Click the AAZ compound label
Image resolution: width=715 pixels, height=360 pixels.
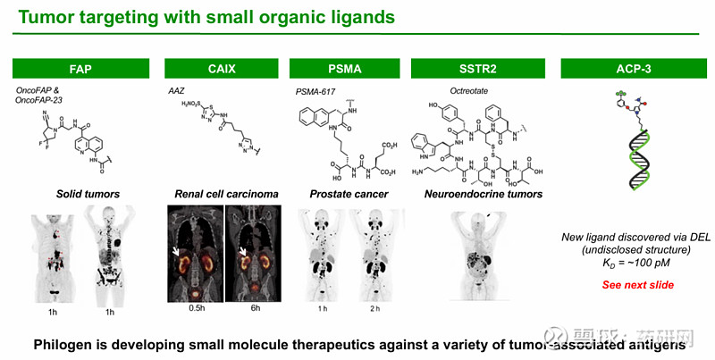tap(176, 90)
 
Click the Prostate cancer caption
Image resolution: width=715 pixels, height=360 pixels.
tap(344, 193)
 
